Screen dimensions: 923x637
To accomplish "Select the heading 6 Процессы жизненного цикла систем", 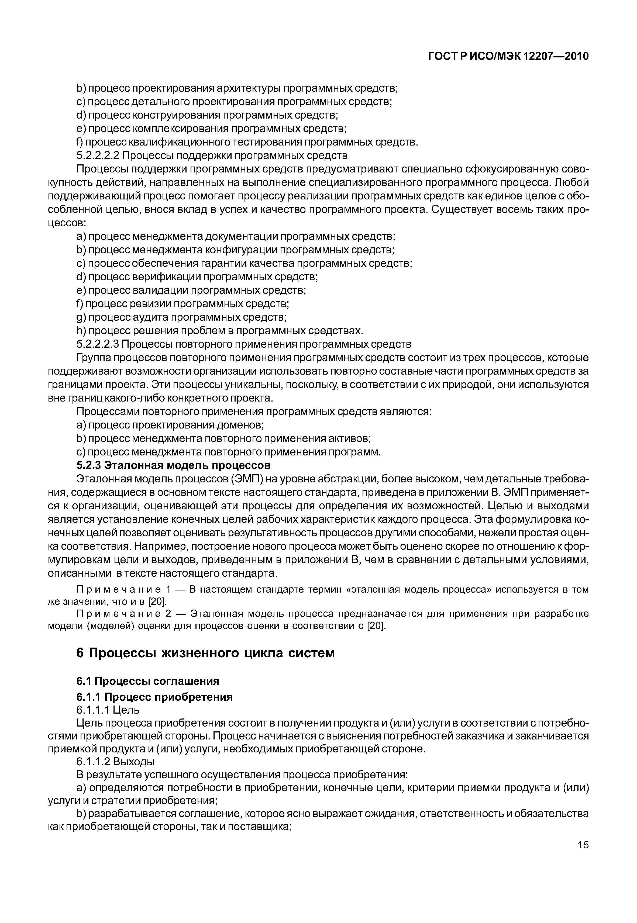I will (205, 653).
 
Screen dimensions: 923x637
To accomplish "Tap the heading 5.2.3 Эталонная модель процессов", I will (173, 465).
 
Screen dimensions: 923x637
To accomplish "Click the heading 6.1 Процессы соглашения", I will (148, 680).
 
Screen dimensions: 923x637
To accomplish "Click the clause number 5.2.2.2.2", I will (97, 155).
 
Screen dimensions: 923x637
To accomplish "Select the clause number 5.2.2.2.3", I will (97, 344).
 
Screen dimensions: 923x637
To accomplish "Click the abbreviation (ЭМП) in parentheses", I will (248, 479).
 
